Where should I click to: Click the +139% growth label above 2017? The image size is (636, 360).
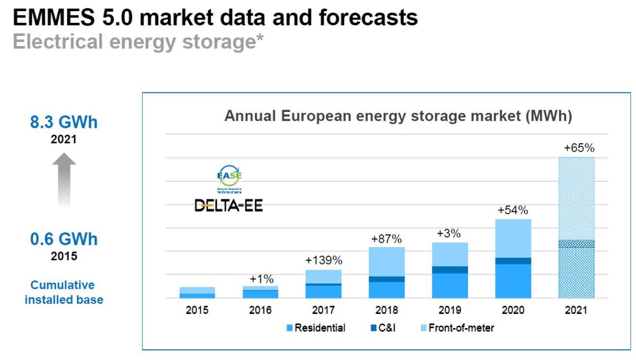pos(323,260)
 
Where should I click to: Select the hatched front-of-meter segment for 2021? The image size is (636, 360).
pos(576,198)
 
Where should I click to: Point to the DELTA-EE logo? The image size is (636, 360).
pos(228,205)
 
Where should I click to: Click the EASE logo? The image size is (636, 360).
pos(230,178)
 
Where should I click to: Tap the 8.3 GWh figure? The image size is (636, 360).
pos(64,122)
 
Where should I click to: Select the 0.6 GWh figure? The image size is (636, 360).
pos(64,239)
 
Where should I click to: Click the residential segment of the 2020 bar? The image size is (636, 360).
pos(513,281)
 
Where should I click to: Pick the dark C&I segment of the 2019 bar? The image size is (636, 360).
pos(450,269)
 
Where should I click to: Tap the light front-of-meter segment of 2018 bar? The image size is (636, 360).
pos(386,261)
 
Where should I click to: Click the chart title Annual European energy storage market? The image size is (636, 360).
pos(397,116)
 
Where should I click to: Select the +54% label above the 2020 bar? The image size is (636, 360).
pos(513,210)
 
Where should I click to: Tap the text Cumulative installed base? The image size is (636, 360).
pos(64,292)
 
